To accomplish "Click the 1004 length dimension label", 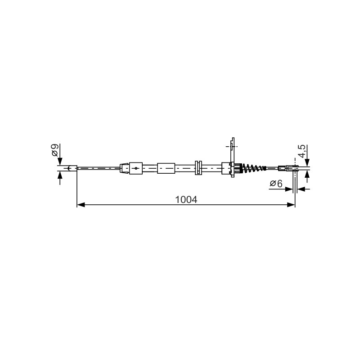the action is click(x=186, y=199).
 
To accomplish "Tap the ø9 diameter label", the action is click(x=55, y=150).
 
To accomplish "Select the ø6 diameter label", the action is click(x=276, y=184).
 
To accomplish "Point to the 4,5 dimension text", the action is click(x=302, y=151).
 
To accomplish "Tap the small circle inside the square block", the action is click(x=136, y=168).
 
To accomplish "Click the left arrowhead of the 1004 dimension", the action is click(x=81, y=205).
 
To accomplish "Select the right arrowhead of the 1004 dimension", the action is click(x=291, y=205).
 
